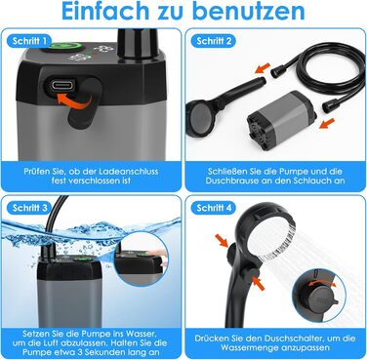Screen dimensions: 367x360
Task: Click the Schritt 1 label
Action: (28, 41)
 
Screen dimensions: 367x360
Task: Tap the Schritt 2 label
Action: (214, 41)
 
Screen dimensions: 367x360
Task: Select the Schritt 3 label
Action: (28, 208)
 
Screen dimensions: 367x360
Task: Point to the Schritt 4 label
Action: (214, 208)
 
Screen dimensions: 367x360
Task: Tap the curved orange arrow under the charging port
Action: (74, 100)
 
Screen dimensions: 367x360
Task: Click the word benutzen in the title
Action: (248, 11)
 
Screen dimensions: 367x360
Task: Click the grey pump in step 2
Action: (279, 121)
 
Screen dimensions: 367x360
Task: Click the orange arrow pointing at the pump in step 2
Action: (327, 123)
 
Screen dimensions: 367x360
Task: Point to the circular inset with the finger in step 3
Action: (142, 260)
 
